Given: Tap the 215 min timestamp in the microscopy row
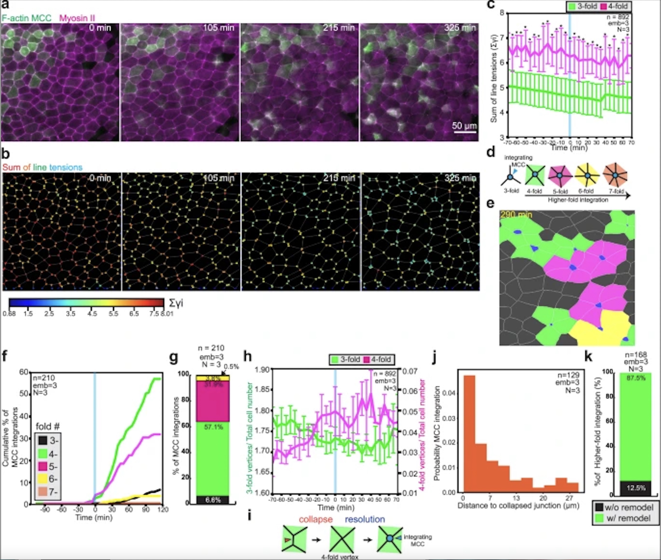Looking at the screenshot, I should (x=338, y=28).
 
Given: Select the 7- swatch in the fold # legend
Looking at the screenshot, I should (x=43, y=492).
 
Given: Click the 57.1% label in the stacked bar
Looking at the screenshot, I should (x=213, y=427).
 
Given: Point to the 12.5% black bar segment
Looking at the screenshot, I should (x=635, y=488).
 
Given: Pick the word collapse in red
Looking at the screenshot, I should (x=316, y=519).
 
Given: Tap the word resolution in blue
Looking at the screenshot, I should (x=365, y=519).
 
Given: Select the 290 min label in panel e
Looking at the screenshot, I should (x=516, y=215).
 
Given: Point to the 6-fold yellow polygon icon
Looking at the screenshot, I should (x=587, y=175).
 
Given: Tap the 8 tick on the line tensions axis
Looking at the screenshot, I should (x=502, y=13).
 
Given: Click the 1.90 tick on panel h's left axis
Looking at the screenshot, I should (x=262, y=370).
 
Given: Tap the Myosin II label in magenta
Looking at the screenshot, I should (x=77, y=18).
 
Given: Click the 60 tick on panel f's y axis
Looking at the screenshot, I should (x=24, y=372).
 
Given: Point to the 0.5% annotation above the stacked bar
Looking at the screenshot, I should (x=231, y=367).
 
